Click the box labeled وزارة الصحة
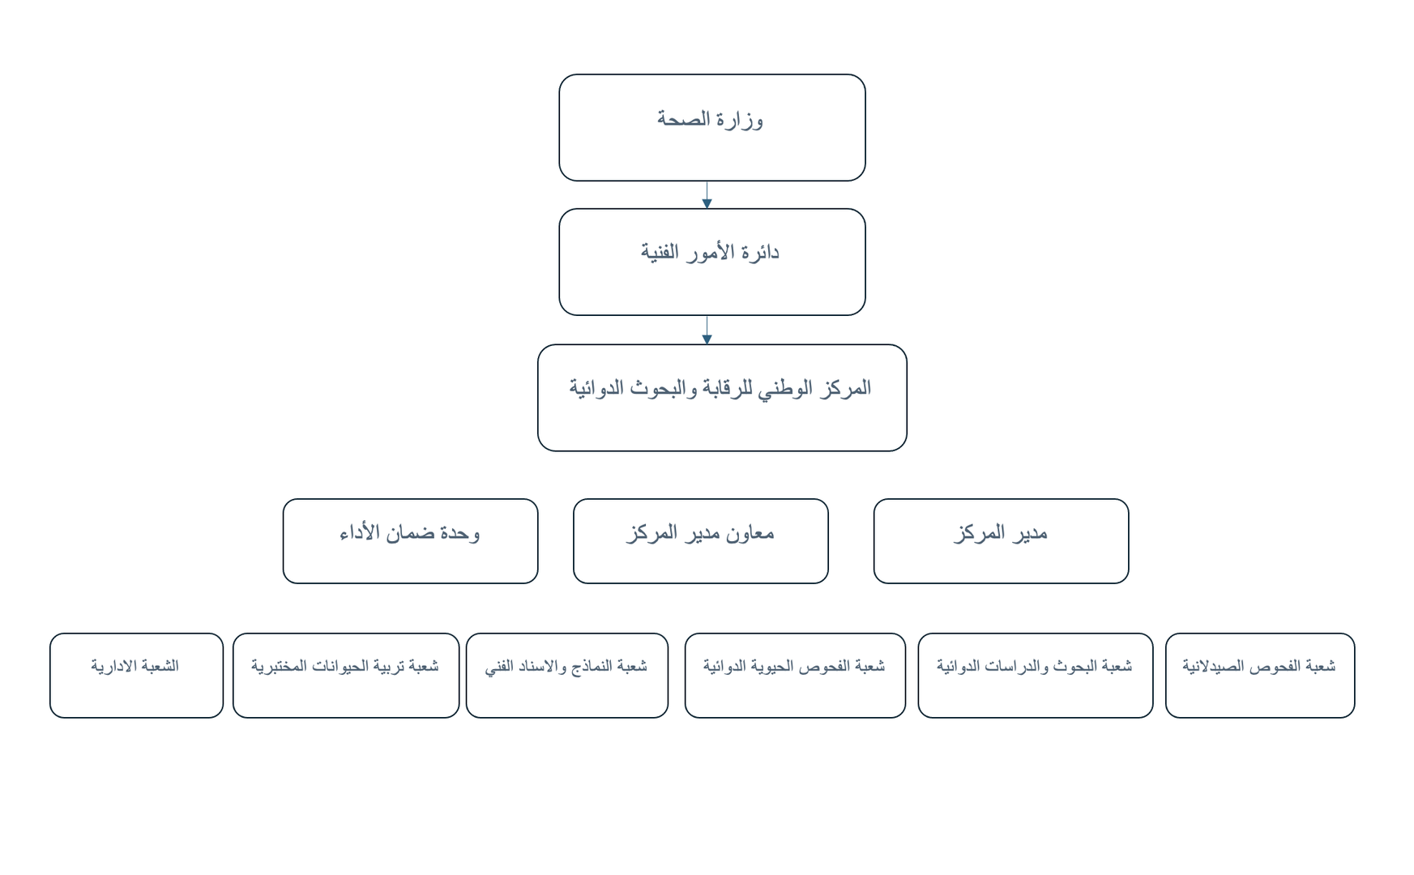pos(712,127)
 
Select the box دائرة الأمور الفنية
pos(712,262)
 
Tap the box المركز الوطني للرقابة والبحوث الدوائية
pos(722,398)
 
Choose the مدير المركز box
pos(1001,541)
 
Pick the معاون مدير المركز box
pos(701,541)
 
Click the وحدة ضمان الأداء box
pos(410,541)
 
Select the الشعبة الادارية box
pos(136,676)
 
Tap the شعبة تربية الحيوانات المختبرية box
pos(346,676)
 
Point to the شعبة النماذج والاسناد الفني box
pos(567,676)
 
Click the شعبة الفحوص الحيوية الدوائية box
pos(795,676)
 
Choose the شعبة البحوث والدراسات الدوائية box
pos(1036,676)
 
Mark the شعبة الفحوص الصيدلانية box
pos(1260,676)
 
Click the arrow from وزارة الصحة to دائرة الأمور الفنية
pos(707,195)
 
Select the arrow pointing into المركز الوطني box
pos(707,331)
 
